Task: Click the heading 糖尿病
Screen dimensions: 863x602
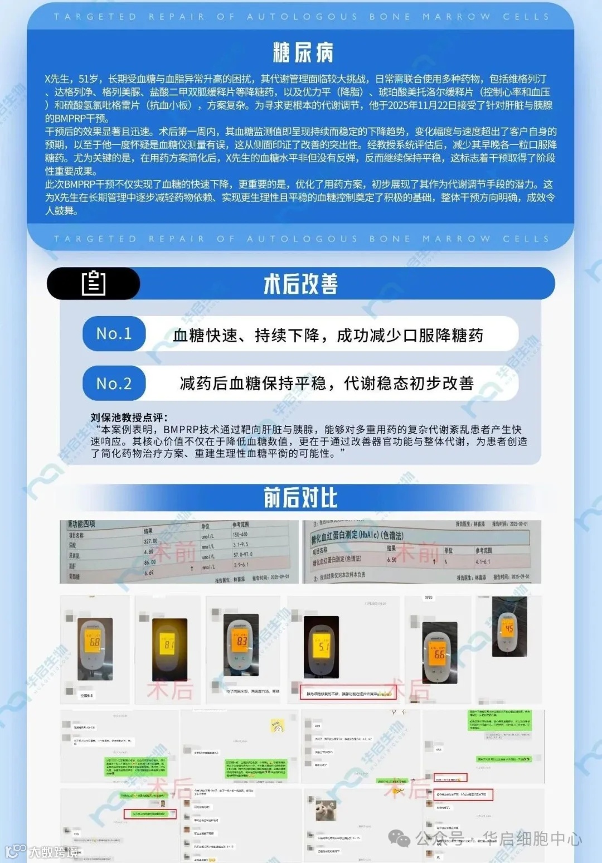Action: (x=303, y=53)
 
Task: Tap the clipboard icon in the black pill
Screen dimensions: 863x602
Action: (x=93, y=283)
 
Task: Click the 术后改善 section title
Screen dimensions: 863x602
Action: (x=300, y=284)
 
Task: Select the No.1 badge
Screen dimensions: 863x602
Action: (x=114, y=333)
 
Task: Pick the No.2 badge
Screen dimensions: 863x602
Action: (x=114, y=383)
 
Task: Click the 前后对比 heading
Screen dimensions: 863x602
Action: (x=300, y=497)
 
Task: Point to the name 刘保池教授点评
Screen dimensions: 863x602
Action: (x=129, y=417)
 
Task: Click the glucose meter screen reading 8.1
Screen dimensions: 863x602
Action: (x=169, y=644)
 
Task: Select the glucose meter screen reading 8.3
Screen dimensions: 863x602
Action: (x=241, y=641)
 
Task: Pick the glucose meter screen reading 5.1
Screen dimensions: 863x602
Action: (x=323, y=647)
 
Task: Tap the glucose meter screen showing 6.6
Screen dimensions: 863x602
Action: (x=439, y=653)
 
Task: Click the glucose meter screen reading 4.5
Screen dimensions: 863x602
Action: (x=508, y=628)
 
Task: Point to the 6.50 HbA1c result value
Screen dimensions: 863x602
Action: (x=392, y=560)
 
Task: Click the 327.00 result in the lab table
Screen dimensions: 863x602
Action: (x=151, y=541)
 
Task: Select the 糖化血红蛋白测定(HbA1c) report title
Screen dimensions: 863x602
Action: (x=357, y=535)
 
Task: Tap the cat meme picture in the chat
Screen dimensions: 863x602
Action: (x=326, y=810)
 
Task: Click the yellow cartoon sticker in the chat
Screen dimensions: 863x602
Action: (x=278, y=726)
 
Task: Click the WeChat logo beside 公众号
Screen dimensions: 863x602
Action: (x=399, y=837)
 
